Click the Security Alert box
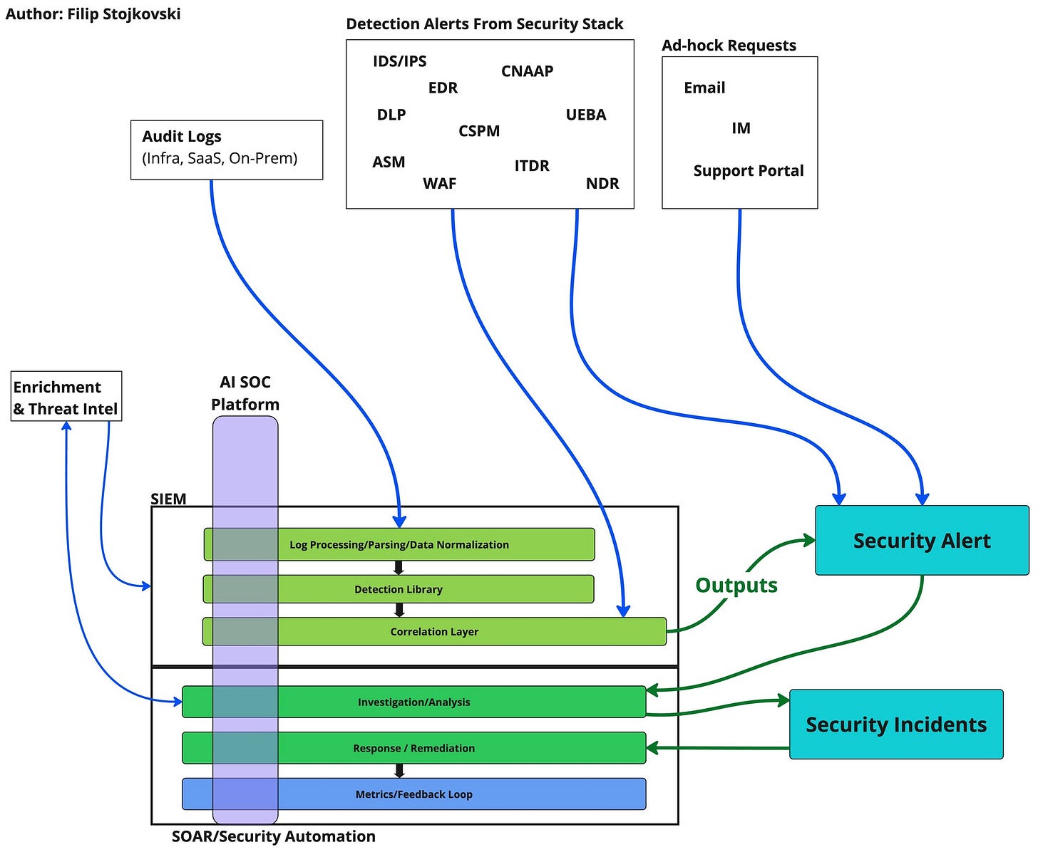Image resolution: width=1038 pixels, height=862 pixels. [x=922, y=540]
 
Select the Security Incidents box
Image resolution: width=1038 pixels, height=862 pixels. [x=896, y=724]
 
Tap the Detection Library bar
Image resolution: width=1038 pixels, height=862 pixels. [x=399, y=588]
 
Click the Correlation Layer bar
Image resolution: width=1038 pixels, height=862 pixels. [x=434, y=631]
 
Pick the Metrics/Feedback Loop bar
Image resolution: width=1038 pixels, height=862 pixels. [x=413, y=794]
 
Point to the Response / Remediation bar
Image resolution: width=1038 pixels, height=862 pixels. [x=413, y=748]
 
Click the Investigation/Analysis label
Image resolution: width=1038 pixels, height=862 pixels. [x=413, y=702]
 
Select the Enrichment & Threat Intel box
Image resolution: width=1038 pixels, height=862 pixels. [x=66, y=396]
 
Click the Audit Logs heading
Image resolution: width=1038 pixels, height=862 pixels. [x=182, y=136]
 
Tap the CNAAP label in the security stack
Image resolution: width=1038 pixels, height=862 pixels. [x=527, y=71]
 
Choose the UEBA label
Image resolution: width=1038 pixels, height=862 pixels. [x=585, y=115]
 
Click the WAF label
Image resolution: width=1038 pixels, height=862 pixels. [x=439, y=183]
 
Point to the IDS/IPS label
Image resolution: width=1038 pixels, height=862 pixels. [x=400, y=61]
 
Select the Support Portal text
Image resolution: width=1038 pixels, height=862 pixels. [x=748, y=170]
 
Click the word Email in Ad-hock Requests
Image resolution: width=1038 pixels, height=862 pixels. [x=704, y=88]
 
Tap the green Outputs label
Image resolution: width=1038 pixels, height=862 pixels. [x=736, y=586]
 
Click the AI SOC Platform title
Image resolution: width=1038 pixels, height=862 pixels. [x=245, y=393]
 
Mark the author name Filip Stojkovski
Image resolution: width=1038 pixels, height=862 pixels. [x=124, y=14]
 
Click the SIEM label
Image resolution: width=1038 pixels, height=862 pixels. [x=168, y=498]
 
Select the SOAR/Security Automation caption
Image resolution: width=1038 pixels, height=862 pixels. [x=274, y=836]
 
